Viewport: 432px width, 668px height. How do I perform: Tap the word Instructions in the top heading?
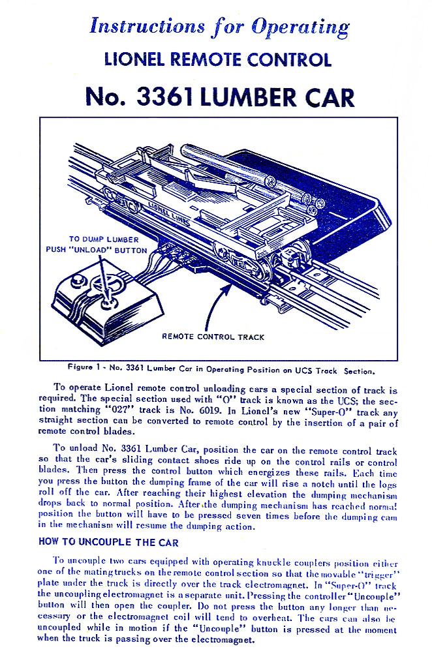pos(138,27)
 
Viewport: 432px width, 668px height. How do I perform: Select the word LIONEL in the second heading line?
pos(134,60)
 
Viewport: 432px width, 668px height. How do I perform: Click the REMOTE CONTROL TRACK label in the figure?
pos(213,337)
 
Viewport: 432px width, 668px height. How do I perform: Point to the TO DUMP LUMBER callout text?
pos(104,239)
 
